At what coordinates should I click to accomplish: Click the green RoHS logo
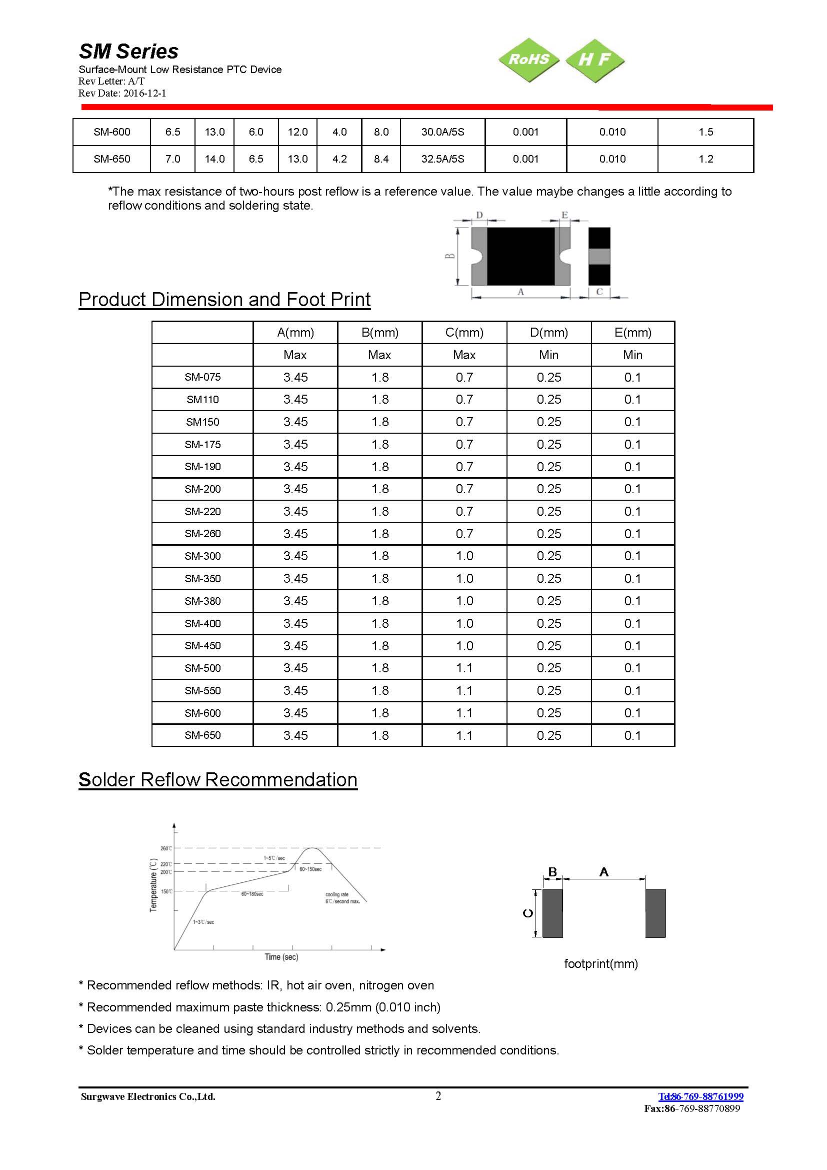[x=528, y=60]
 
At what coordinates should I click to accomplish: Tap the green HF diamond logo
[x=594, y=60]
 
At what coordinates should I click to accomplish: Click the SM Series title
[x=128, y=51]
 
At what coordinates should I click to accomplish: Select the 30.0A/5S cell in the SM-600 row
[x=442, y=132]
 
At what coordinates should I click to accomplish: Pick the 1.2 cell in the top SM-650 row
[x=705, y=159]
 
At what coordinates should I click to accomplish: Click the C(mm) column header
[x=464, y=333]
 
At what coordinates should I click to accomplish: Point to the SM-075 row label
[x=202, y=377]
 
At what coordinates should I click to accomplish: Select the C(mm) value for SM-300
[x=464, y=556]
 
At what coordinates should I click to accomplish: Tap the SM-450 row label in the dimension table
[x=202, y=646]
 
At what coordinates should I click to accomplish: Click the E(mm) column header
[x=632, y=333]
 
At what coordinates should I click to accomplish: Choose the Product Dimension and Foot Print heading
[x=224, y=299]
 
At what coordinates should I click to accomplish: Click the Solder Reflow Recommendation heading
[x=218, y=780]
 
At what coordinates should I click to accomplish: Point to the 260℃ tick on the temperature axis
[x=166, y=848]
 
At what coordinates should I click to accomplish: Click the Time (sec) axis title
[x=281, y=957]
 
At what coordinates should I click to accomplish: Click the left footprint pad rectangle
[x=552, y=913]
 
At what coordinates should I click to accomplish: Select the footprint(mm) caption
[x=601, y=963]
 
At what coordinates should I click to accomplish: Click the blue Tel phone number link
[x=700, y=1096]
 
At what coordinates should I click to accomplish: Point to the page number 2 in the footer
[x=438, y=1096]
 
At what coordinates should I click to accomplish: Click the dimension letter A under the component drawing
[x=520, y=292]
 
